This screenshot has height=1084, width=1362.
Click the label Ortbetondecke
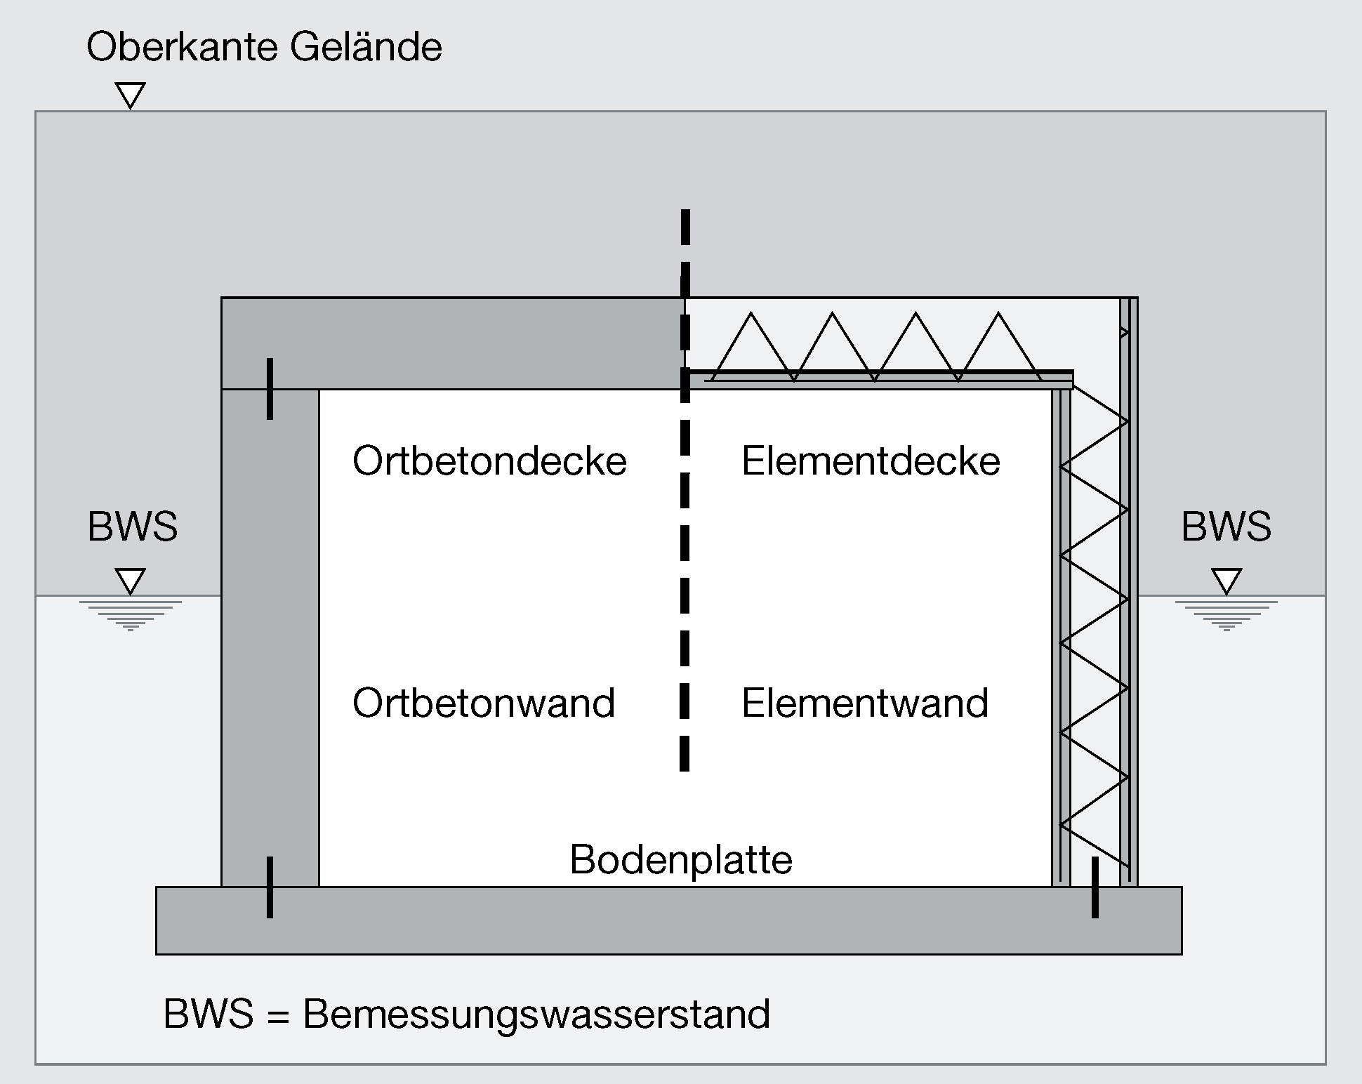[489, 461]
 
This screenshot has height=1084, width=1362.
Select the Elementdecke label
[871, 461]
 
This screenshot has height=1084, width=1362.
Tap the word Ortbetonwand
[484, 703]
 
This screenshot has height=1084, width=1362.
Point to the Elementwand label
[865, 703]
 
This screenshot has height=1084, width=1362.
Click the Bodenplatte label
[681, 859]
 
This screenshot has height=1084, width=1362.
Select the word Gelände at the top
[366, 48]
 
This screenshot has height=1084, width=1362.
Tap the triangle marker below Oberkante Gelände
[131, 95]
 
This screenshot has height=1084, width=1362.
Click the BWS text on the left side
[133, 527]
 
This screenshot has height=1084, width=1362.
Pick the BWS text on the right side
[1227, 527]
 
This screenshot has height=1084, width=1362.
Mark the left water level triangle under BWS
[131, 581]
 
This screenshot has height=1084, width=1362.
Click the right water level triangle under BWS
[1227, 581]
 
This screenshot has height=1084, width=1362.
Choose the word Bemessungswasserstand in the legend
[536, 1014]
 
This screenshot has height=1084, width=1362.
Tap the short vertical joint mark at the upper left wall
[270, 389]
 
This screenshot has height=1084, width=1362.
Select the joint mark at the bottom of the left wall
[270, 887]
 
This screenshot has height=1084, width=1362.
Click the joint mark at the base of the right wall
[1095, 887]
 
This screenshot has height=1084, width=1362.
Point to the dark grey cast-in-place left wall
[270, 632]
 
